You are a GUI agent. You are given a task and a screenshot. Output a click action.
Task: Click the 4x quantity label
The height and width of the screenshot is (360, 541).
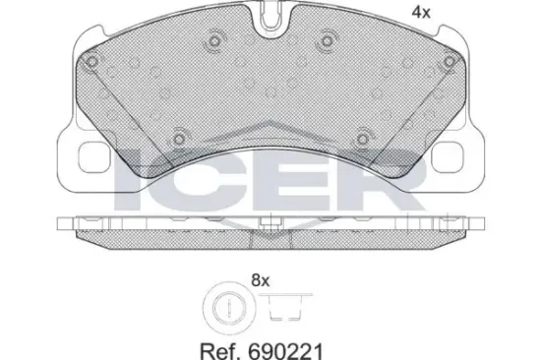421,13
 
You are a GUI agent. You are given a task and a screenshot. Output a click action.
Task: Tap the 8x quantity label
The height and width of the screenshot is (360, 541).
260,280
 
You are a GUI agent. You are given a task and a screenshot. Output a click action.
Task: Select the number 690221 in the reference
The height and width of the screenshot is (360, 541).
285,351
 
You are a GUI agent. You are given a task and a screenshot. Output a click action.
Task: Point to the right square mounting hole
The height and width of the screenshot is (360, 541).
447,157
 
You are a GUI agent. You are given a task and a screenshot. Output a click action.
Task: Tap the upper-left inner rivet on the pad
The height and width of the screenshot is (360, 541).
214,42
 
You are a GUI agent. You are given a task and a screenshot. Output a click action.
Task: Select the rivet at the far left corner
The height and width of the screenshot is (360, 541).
92,62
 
